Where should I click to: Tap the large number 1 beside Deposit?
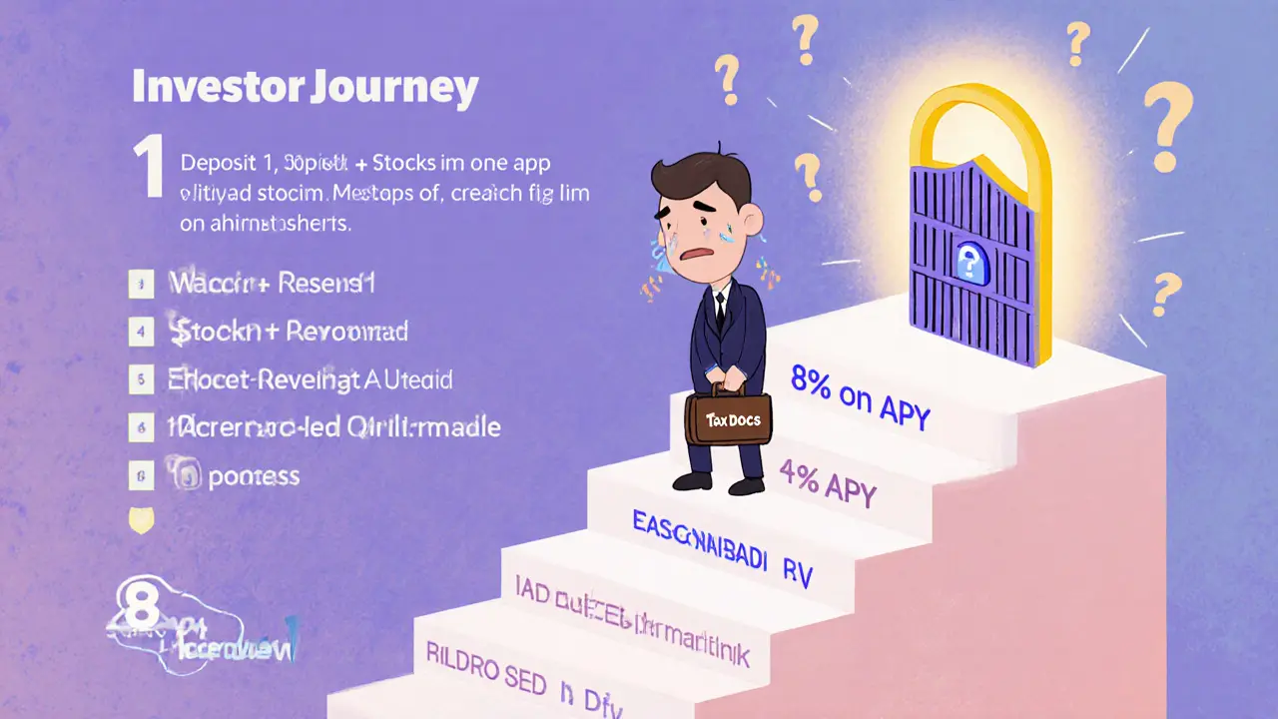(149, 168)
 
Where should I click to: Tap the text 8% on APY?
(859, 396)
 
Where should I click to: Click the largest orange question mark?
(1166, 125)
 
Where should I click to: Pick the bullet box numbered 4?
(142, 331)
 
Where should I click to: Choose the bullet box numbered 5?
(142, 379)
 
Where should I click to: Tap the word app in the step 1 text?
(531, 163)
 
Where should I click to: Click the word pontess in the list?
(254, 476)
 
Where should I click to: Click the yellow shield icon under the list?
(143, 521)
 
